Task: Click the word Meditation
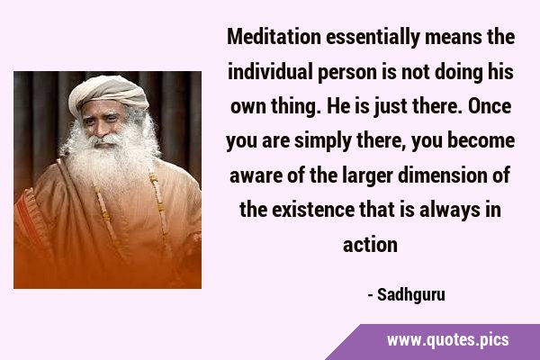coord(274,37)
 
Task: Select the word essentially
coord(373,38)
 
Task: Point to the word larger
coord(367,176)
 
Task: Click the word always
coord(450,211)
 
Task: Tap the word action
coord(370,245)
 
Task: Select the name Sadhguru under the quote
coord(411,295)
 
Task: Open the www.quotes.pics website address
coord(447,340)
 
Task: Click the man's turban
coord(108,94)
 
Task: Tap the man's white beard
coord(110,155)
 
